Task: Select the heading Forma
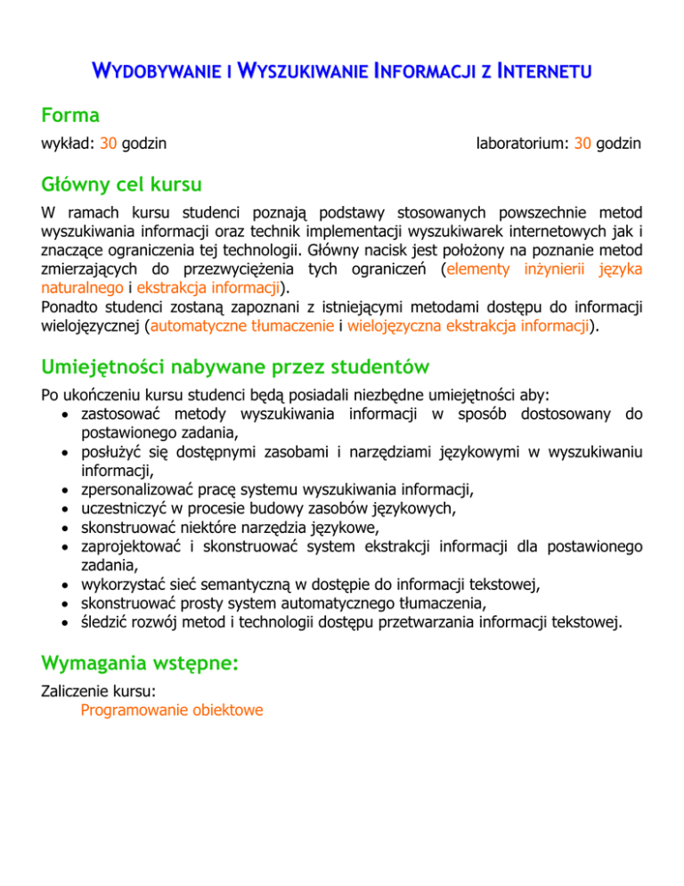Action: tap(70, 115)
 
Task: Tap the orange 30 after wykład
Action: tap(108, 143)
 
